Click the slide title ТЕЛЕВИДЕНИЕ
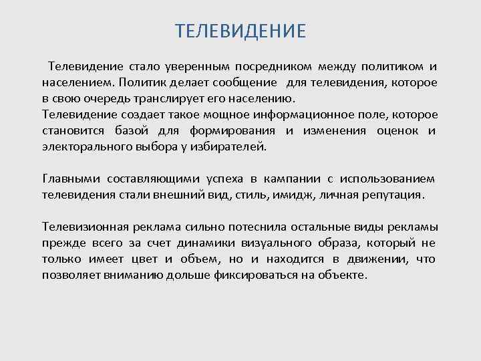tap(240, 31)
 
